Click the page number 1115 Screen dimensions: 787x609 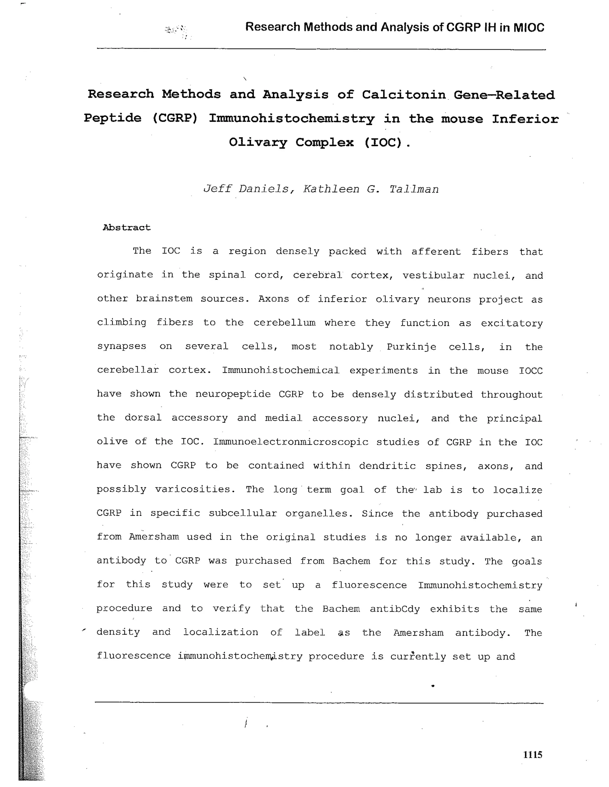(532, 755)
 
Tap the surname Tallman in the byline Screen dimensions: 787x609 (414, 189)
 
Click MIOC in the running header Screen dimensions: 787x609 (529, 27)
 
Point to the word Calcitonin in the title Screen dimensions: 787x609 (404, 95)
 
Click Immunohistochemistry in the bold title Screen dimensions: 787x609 (292, 119)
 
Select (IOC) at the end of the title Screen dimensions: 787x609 (383, 142)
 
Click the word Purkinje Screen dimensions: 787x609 (412, 347)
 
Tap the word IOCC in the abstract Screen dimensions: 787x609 (530, 371)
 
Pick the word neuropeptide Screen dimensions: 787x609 (233, 394)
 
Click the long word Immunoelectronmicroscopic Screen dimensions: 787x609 (291, 442)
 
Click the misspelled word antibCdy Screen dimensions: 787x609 (395, 609)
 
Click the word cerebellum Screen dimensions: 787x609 (284, 323)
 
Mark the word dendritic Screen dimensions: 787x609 (387, 466)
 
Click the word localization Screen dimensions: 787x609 (221, 632)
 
